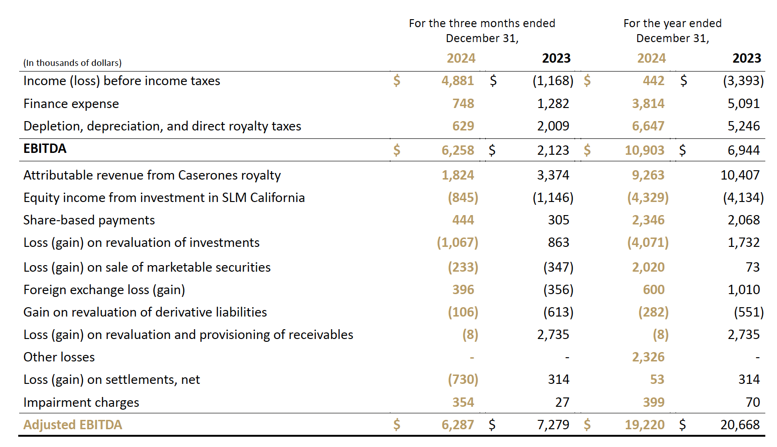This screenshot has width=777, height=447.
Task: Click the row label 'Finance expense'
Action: (71, 103)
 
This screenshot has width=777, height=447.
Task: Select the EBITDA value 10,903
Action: (644, 150)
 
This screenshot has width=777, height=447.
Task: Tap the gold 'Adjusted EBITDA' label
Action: (72, 425)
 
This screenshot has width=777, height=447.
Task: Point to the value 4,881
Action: (458, 81)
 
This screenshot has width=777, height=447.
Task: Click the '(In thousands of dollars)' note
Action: (72, 63)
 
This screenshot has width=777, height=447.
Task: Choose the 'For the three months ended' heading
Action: (482, 23)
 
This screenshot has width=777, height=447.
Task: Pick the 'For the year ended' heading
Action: (672, 23)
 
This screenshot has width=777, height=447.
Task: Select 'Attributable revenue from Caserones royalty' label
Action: (152, 175)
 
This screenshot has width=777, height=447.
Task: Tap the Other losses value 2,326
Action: (648, 357)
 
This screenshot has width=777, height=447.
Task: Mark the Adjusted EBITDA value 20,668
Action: (740, 425)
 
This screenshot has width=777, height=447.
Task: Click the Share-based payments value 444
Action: (463, 220)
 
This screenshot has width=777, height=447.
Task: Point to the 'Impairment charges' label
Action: (81, 402)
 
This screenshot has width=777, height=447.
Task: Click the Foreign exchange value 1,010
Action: (743, 289)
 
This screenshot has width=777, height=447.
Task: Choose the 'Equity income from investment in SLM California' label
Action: (164, 197)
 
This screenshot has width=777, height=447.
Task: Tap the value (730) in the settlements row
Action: (463, 379)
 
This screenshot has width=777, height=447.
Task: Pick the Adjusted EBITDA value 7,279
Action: (553, 425)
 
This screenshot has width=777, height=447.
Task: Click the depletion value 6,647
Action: (648, 126)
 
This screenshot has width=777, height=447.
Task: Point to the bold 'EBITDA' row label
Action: (45, 149)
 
